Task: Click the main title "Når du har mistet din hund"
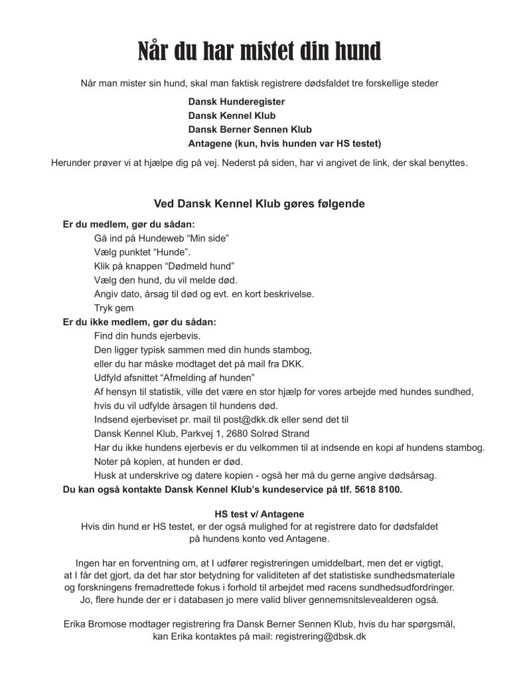coord(259,51)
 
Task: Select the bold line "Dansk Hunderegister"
coord(236,102)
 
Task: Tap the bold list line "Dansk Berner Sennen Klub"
coord(250,129)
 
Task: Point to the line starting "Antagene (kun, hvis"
coord(285,143)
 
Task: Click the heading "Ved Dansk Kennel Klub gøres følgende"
coord(259,204)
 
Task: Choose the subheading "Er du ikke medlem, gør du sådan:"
coord(139,321)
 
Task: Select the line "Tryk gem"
coord(113,308)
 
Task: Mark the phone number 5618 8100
coord(378,489)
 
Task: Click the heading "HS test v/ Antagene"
coord(259,514)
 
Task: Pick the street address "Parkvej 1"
coord(198,433)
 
